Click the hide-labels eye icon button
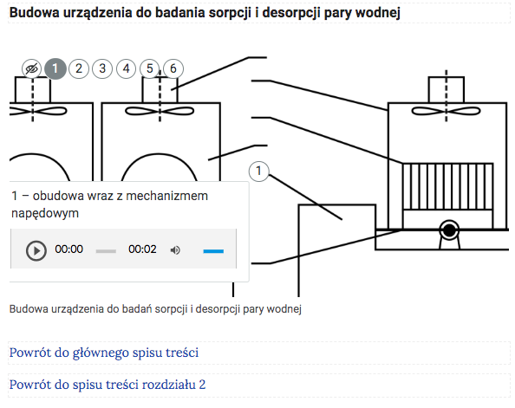pos(31,69)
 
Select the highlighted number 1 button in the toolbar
pos(55,68)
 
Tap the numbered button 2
pos(79,68)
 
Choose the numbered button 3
pos(102,68)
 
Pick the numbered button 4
pos(126,68)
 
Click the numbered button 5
pos(150,68)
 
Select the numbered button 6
pos(173,68)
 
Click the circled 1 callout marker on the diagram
pos(259,171)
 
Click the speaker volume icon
pos(175,250)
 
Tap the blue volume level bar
pos(213,251)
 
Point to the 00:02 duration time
pos(142,249)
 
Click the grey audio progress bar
pos(106,251)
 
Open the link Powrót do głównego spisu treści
pos(104,353)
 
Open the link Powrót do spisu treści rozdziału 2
pos(108,385)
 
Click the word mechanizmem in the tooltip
pos(166,196)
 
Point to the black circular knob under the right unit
pos(449,230)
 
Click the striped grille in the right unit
pos(447,186)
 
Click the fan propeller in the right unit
pos(446,111)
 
